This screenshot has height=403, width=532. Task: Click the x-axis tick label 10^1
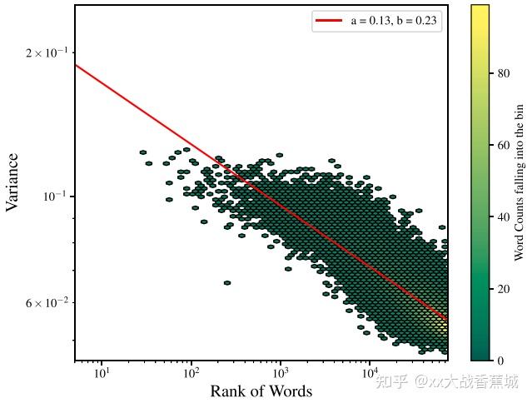coord(102,374)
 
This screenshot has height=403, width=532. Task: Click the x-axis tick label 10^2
coord(191,374)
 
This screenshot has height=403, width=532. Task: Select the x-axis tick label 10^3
coord(280,374)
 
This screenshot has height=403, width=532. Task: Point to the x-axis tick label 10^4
coord(370,374)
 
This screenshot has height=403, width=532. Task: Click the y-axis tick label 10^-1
coord(55,196)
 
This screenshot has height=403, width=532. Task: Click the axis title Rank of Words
coord(261,391)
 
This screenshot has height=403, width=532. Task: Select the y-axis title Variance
coord(13,182)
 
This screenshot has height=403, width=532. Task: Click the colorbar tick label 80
coord(504,73)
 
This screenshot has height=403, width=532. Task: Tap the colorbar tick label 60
coord(504,145)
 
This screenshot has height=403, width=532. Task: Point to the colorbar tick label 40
coord(504,217)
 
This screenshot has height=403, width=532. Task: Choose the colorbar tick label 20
coord(504,289)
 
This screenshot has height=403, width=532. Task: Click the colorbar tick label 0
coord(500,361)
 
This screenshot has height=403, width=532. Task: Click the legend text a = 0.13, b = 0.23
coord(394,22)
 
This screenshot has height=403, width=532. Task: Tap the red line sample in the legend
coord(329,22)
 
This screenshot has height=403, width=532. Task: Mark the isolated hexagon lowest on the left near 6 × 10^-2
coord(226,283)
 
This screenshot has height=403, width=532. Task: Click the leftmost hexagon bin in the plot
coord(143,152)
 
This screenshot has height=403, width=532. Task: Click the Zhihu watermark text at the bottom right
coord(446,381)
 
